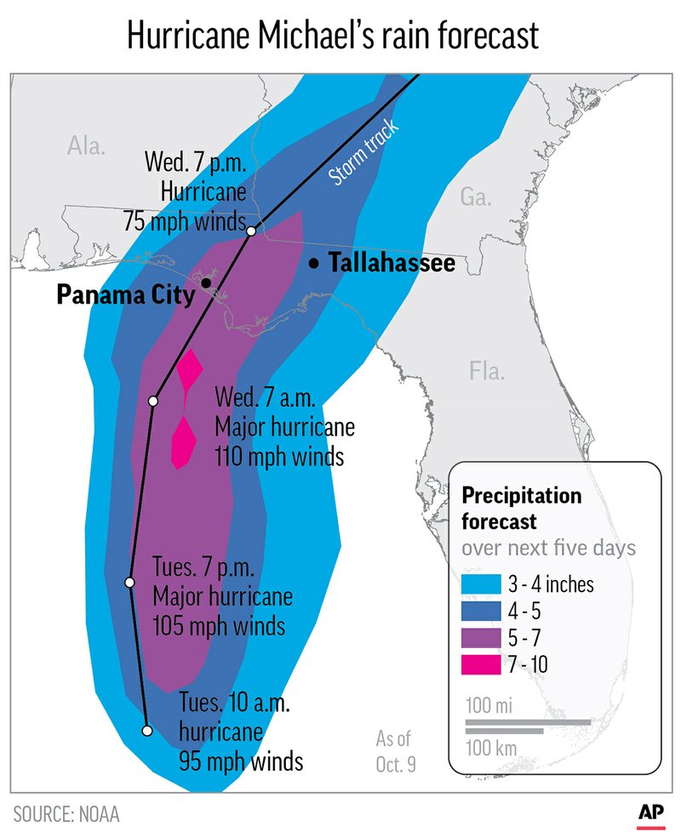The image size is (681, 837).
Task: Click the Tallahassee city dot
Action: (x=314, y=265)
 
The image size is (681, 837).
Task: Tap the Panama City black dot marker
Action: (x=206, y=282)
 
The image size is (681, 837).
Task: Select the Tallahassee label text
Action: (x=391, y=265)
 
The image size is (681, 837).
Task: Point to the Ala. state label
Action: (x=86, y=145)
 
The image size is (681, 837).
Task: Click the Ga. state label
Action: (x=476, y=197)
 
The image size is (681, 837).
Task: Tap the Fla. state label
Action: (x=486, y=371)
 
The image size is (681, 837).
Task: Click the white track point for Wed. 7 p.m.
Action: (x=251, y=231)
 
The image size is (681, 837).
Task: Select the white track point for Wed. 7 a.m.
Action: (x=153, y=401)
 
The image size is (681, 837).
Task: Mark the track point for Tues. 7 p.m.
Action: (x=130, y=583)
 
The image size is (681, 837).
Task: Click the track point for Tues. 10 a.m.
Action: (x=146, y=730)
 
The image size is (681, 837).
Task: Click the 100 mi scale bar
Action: (x=528, y=722)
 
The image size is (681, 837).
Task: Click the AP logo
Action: (x=651, y=813)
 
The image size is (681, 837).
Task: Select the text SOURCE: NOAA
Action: (x=66, y=814)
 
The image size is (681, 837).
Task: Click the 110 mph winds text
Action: (x=278, y=457)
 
